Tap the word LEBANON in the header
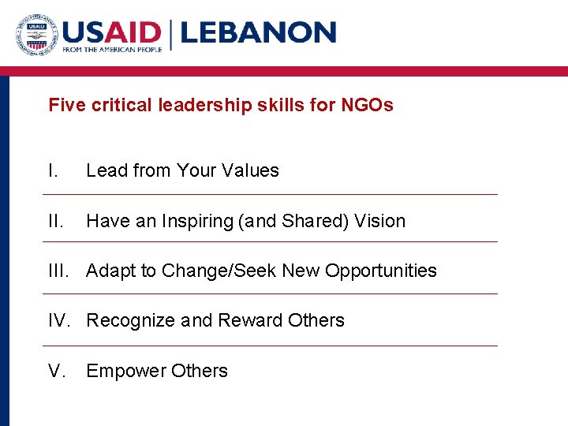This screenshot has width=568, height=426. point(258,32)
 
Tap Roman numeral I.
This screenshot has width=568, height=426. point(52,170)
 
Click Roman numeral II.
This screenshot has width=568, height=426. point(55,221)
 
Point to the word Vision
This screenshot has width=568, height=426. point(379,221)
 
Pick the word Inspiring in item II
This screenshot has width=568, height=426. point(198,222)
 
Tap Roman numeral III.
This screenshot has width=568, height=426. point(60,271)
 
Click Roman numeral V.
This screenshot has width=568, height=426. point(55,371)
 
